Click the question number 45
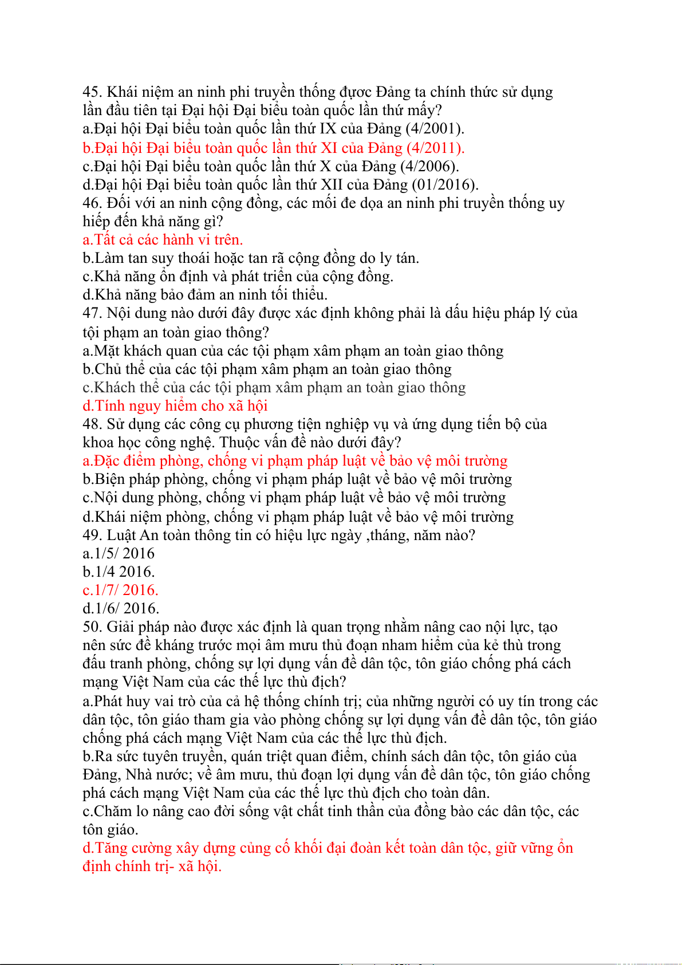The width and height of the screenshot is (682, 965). pyautogui.click(x=92, y=92)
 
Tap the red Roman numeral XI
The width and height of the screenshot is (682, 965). pyautogui.click(x=329, y=148)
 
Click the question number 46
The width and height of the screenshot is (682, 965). pyautogui.click(x=92, y=203)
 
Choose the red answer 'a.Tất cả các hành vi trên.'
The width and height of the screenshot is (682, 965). pyautogui.click(x=163, y=239)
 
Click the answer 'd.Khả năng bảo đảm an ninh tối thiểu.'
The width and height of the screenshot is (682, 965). pyautogui.click(x=204, y=295)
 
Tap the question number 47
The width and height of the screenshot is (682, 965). pyautogui.click(x=92, y=313)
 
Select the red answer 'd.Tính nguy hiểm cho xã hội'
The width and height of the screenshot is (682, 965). pyautogui.click(x=175, y=406)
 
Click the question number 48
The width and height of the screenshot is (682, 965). pyautogui.click(x=92, y=424)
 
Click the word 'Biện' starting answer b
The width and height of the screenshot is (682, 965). pyautogui.click(x=109, y=479)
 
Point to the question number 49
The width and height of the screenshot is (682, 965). pyautogui.click(x=92, y=535)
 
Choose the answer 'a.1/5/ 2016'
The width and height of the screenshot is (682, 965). pyautogui.click(x=119, y=554)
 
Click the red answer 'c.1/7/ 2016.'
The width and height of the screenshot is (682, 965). pyautogui.click(x=120, y=590)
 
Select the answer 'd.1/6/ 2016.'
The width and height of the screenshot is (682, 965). pyautogui.click(x=121, y=609)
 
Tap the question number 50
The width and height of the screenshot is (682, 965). pyautogui.click(x=92, y=627)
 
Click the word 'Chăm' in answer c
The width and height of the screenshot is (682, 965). pyautogui.click(x=112, y=812)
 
